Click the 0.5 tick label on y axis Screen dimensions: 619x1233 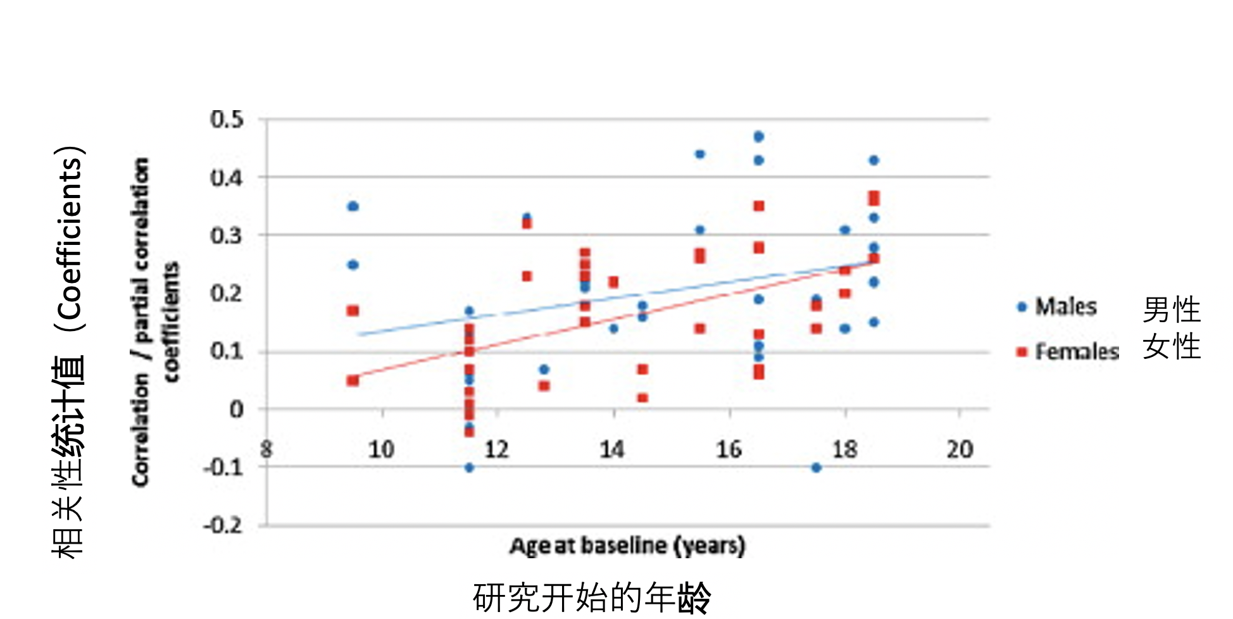point(227,119)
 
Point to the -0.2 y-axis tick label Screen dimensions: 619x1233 point(223,525)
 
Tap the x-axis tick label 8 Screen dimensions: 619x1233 point(266,449)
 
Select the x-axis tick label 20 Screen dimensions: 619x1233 point(960,449)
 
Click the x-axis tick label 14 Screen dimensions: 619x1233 point(612,449)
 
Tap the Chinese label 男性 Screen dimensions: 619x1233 point(1172,310)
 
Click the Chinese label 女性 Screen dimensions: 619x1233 point(1172,347)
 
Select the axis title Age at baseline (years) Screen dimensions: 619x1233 point(627,546)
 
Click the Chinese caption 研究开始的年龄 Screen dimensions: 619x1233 point(592,597)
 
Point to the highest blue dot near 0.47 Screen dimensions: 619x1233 point(759,137)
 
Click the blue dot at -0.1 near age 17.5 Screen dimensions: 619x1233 point(816,468)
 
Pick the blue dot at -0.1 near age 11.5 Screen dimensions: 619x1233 point(469,468)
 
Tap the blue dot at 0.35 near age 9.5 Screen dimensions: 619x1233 point(353,206)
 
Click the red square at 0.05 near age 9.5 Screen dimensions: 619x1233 point(353,380)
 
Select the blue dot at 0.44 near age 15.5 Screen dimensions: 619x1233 point(700,154)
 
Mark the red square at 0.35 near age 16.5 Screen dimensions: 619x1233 point(759,206)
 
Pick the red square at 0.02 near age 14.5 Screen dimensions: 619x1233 point(642,398)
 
